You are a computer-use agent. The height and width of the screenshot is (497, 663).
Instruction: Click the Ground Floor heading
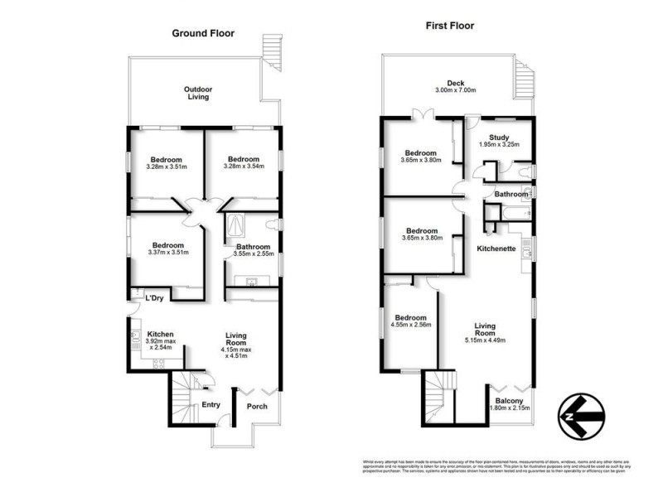tap(203, 34)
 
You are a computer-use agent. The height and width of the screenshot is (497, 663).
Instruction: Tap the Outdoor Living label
tap(196, 92)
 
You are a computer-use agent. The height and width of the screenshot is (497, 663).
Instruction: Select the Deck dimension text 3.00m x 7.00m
tap(456, 90)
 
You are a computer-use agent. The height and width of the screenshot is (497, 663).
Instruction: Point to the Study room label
tap(498, 138)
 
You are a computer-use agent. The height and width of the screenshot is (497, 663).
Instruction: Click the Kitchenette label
tap(497, 248)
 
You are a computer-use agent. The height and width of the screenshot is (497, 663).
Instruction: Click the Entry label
tap(211, 404)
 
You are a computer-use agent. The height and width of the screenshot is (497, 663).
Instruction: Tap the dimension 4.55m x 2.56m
tap(410, 325)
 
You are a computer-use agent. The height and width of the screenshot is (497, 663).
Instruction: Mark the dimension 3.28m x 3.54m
tap(244, 167)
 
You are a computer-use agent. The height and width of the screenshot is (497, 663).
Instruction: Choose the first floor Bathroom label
tap(511, 194)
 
